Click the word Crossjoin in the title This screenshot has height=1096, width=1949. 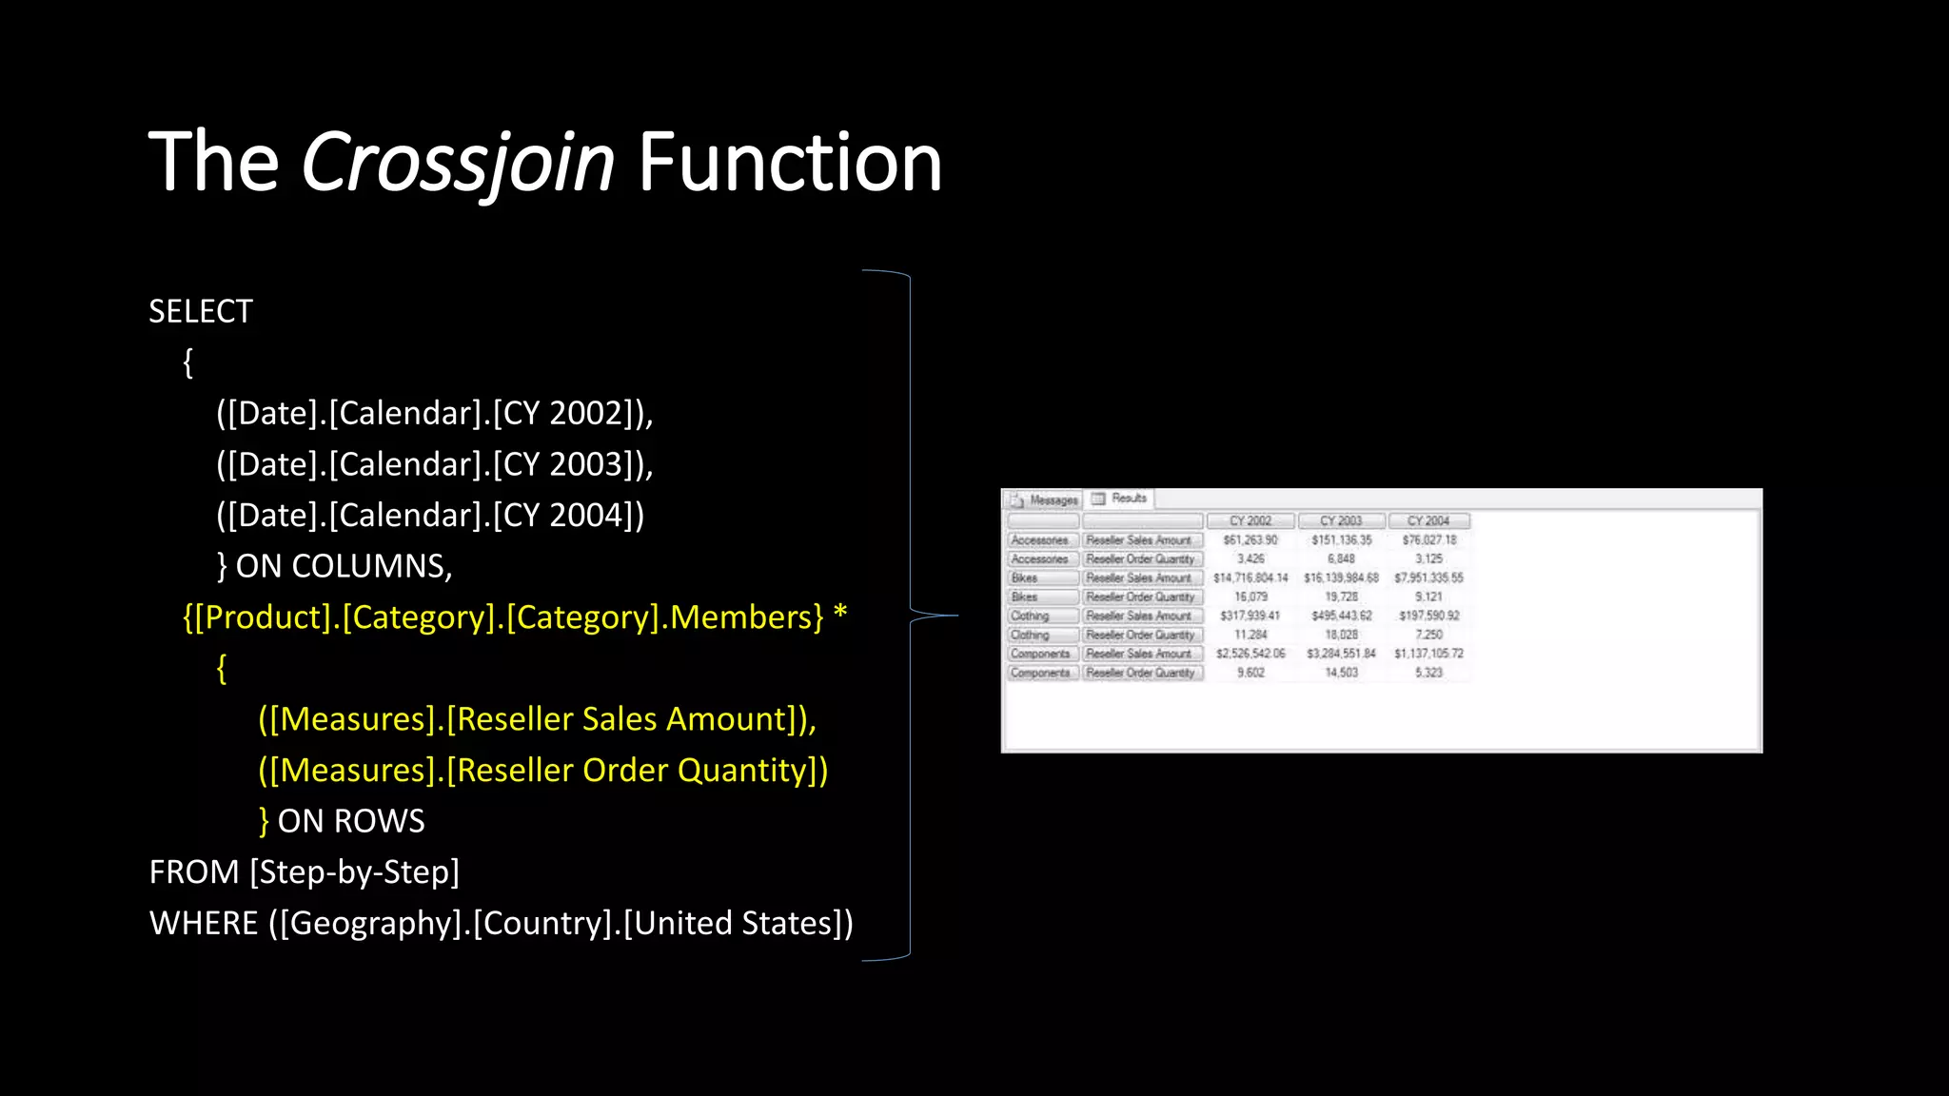458,163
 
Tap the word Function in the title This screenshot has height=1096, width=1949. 789,163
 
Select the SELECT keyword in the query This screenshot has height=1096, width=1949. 201,311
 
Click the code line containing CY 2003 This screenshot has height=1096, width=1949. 434,464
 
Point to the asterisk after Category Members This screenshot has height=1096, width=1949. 839,615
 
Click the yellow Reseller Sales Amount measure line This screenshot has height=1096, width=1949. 537,719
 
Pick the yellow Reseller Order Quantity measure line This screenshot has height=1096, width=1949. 542,771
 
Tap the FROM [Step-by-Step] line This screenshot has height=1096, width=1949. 305,872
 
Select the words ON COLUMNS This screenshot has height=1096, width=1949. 344,567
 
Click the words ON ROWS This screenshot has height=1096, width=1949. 351,822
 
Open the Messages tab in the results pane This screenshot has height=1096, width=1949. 1046,499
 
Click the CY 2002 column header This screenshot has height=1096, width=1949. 1250,521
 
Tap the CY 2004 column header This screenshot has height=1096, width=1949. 1428,521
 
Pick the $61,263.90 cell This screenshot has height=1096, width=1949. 1250,540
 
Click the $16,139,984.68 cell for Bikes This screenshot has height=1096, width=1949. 1341,577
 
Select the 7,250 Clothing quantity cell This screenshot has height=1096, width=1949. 1428,635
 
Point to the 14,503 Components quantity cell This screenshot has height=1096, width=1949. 1341,673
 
